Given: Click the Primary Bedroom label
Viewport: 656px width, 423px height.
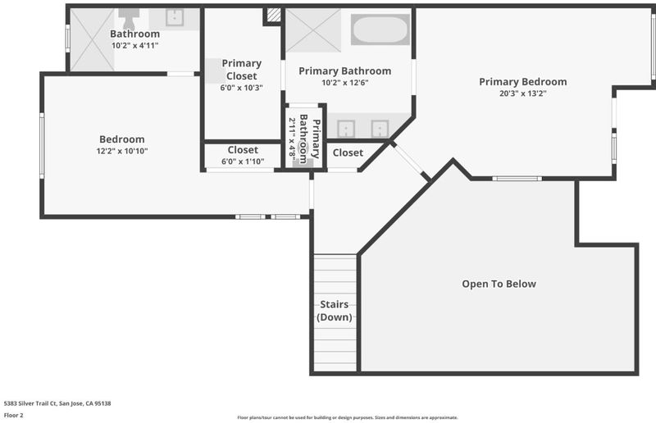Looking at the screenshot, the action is click(x=523, y=82).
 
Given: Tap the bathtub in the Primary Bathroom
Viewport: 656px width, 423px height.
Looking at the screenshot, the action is click(x=380, y=30).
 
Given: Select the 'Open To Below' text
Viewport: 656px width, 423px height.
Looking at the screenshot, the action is click(x=499, y=284).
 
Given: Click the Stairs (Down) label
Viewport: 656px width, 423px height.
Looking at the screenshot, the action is click(x=335, y=311).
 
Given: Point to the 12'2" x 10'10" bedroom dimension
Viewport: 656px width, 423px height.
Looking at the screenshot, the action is click(x=122, y=151).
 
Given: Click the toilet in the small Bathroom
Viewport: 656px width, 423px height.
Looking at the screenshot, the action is click(x=129, y=17).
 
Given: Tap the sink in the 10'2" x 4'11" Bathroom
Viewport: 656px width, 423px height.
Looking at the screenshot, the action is click(x=175, y=17).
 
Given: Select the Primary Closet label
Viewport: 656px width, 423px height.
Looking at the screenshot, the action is click(x=242, y=70).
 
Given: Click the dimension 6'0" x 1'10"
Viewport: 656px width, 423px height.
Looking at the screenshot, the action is click(x=243, y=161).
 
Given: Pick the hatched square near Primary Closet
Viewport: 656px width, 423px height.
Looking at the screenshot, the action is click(x=274, y=15).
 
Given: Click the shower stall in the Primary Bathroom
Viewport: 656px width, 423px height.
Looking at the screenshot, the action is click(x=313, y=30).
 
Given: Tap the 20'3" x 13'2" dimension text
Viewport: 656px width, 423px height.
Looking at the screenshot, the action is click(x=523, y=93).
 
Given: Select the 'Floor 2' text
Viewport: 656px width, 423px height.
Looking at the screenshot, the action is click(x=13, y=415).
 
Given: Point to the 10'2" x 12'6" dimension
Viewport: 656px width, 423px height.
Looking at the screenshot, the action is click(x=345, y=83).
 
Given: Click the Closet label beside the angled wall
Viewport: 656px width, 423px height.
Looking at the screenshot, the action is click(x=348, y=152).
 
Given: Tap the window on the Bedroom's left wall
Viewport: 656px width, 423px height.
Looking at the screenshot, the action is click(x=42, y=146).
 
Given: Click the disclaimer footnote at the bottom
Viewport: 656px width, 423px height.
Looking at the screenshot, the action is click(x=348, y=417).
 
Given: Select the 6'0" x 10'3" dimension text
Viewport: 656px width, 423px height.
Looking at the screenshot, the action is click(x=242, y=88).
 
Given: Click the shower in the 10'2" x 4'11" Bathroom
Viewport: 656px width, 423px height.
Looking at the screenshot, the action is click(x=92, y=39).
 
